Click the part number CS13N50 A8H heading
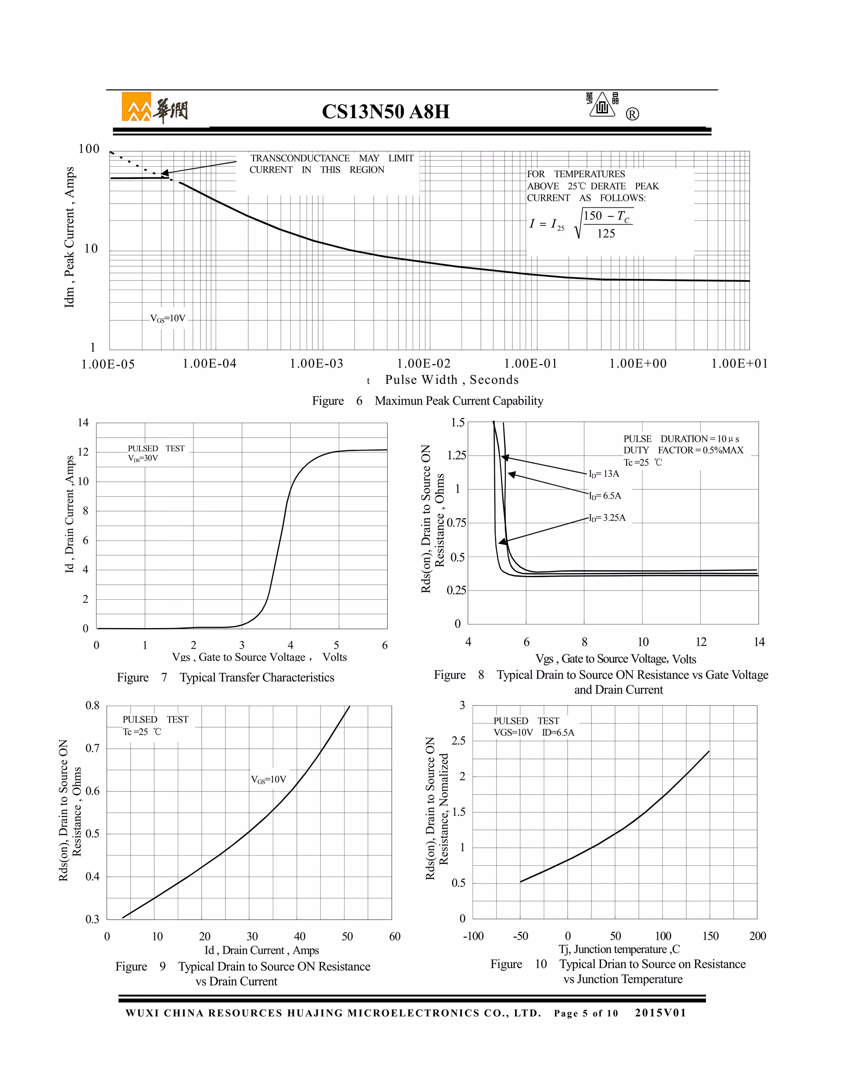click(x=386, y=111)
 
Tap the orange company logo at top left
click(x=136, y=107)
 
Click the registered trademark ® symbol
click(x=632, y=115)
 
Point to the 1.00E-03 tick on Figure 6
click(x=317, y=364)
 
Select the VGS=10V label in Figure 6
click(x=168, y=318)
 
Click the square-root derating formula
click(x=582, y=224)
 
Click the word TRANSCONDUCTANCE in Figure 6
click(x=300, y=158)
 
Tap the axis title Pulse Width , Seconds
click(x=452, y=380)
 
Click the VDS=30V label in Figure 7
click(x=143, y=458)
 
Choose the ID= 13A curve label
click(x=604, y=473)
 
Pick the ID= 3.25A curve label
click(x=607, y=517)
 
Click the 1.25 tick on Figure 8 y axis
click(x=456, y=455)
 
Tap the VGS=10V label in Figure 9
click(x=269, y=779)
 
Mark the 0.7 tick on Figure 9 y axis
click(x=92, y=748)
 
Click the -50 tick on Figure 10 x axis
click(x=520, y=936)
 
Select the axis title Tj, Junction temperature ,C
click(x=619, y=949)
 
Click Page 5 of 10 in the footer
click(x=586, y=1013)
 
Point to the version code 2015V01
click(x=661, y=1013)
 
